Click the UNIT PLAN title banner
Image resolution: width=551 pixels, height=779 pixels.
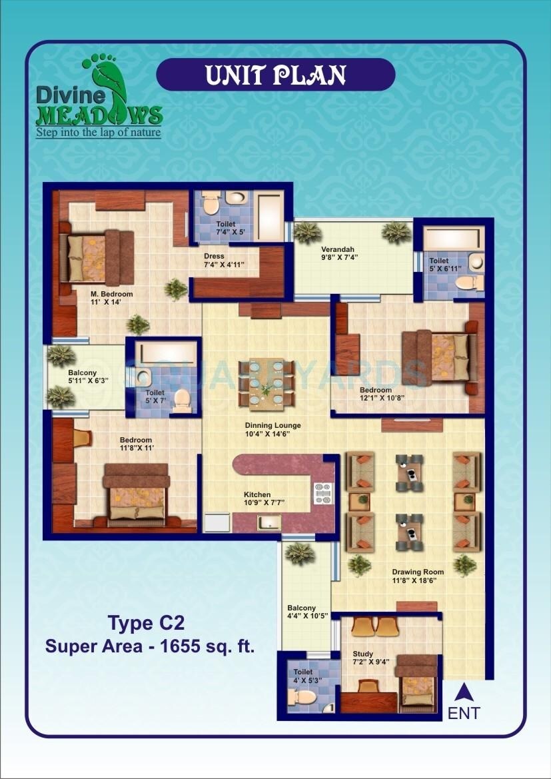click(275, 75)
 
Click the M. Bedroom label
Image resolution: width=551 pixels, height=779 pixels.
click(111, 298)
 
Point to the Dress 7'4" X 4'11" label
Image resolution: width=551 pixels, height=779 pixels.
click(225, 260)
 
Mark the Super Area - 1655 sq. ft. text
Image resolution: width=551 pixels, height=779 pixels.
click(150, 646)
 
